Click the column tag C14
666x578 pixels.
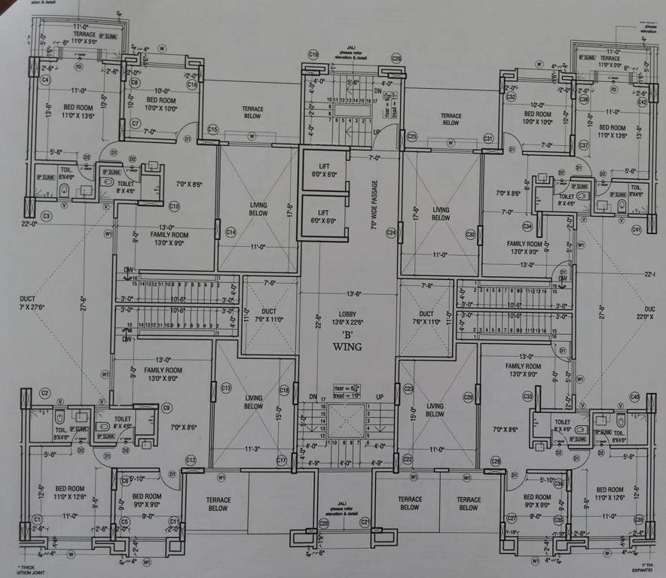click(x=231, y=233)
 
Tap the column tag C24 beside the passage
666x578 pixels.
click(x=391, y=233)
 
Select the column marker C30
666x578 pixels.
click(x=471, y=234)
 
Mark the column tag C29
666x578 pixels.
click(x=468, y=397)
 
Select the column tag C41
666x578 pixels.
click(x=636, y=229)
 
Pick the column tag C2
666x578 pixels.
click(x=45, y=393)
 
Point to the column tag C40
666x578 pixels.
click(x=634, y=396)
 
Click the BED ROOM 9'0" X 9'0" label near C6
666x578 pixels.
click(x=147, y=500)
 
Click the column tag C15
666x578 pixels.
click(x=212, y=130)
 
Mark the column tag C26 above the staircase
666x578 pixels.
click(x=396, y=58)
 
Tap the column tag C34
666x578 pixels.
click(x=527, y=226)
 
